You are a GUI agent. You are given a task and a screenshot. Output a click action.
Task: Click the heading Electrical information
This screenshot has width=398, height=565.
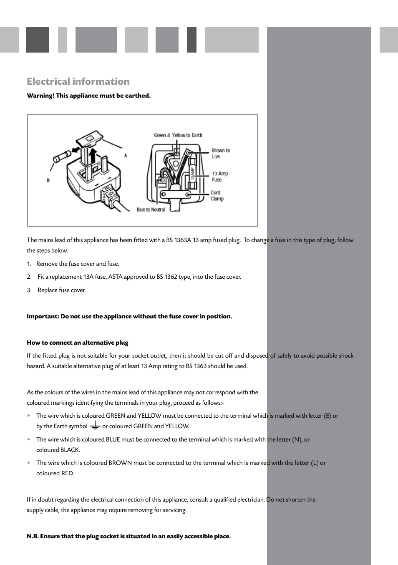tap(78, 81)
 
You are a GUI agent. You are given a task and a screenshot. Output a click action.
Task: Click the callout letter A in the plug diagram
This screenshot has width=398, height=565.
tap(126, 155)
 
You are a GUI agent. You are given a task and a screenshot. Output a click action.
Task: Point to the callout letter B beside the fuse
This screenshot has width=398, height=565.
tap(48, 180)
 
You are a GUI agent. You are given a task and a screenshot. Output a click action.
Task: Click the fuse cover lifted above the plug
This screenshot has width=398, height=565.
tap(90, 138)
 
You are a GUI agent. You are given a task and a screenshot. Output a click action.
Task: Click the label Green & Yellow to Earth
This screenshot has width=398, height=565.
tap(178, 135)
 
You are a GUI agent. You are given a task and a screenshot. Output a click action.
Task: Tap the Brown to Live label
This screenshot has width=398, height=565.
tap(220, 154)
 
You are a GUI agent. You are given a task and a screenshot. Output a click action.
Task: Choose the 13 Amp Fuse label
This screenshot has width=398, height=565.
tap(219, 177)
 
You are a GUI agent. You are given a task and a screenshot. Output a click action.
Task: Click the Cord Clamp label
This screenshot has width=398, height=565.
tap(217, 196)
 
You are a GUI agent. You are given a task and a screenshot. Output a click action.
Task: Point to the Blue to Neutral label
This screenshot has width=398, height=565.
tap(151, 210)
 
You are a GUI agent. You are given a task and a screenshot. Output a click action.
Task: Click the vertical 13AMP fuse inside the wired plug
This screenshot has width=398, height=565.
tap(193, 172)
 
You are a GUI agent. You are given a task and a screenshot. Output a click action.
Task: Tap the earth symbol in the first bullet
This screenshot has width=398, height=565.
tap(95, 426)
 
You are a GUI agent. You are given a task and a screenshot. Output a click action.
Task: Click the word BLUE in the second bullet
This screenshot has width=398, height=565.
tap(113, 439)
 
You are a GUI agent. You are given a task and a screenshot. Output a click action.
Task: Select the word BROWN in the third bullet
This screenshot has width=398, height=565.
tap(120, 463)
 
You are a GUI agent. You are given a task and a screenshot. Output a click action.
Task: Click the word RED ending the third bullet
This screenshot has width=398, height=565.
tap(67, 473)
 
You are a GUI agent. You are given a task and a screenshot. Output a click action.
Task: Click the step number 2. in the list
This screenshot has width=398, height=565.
tap(29, 277)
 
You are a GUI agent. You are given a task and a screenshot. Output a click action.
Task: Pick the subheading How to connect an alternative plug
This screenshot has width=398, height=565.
tap(78, 343)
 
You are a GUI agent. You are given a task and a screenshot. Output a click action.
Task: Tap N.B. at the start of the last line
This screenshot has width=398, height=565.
tap(33, 536)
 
